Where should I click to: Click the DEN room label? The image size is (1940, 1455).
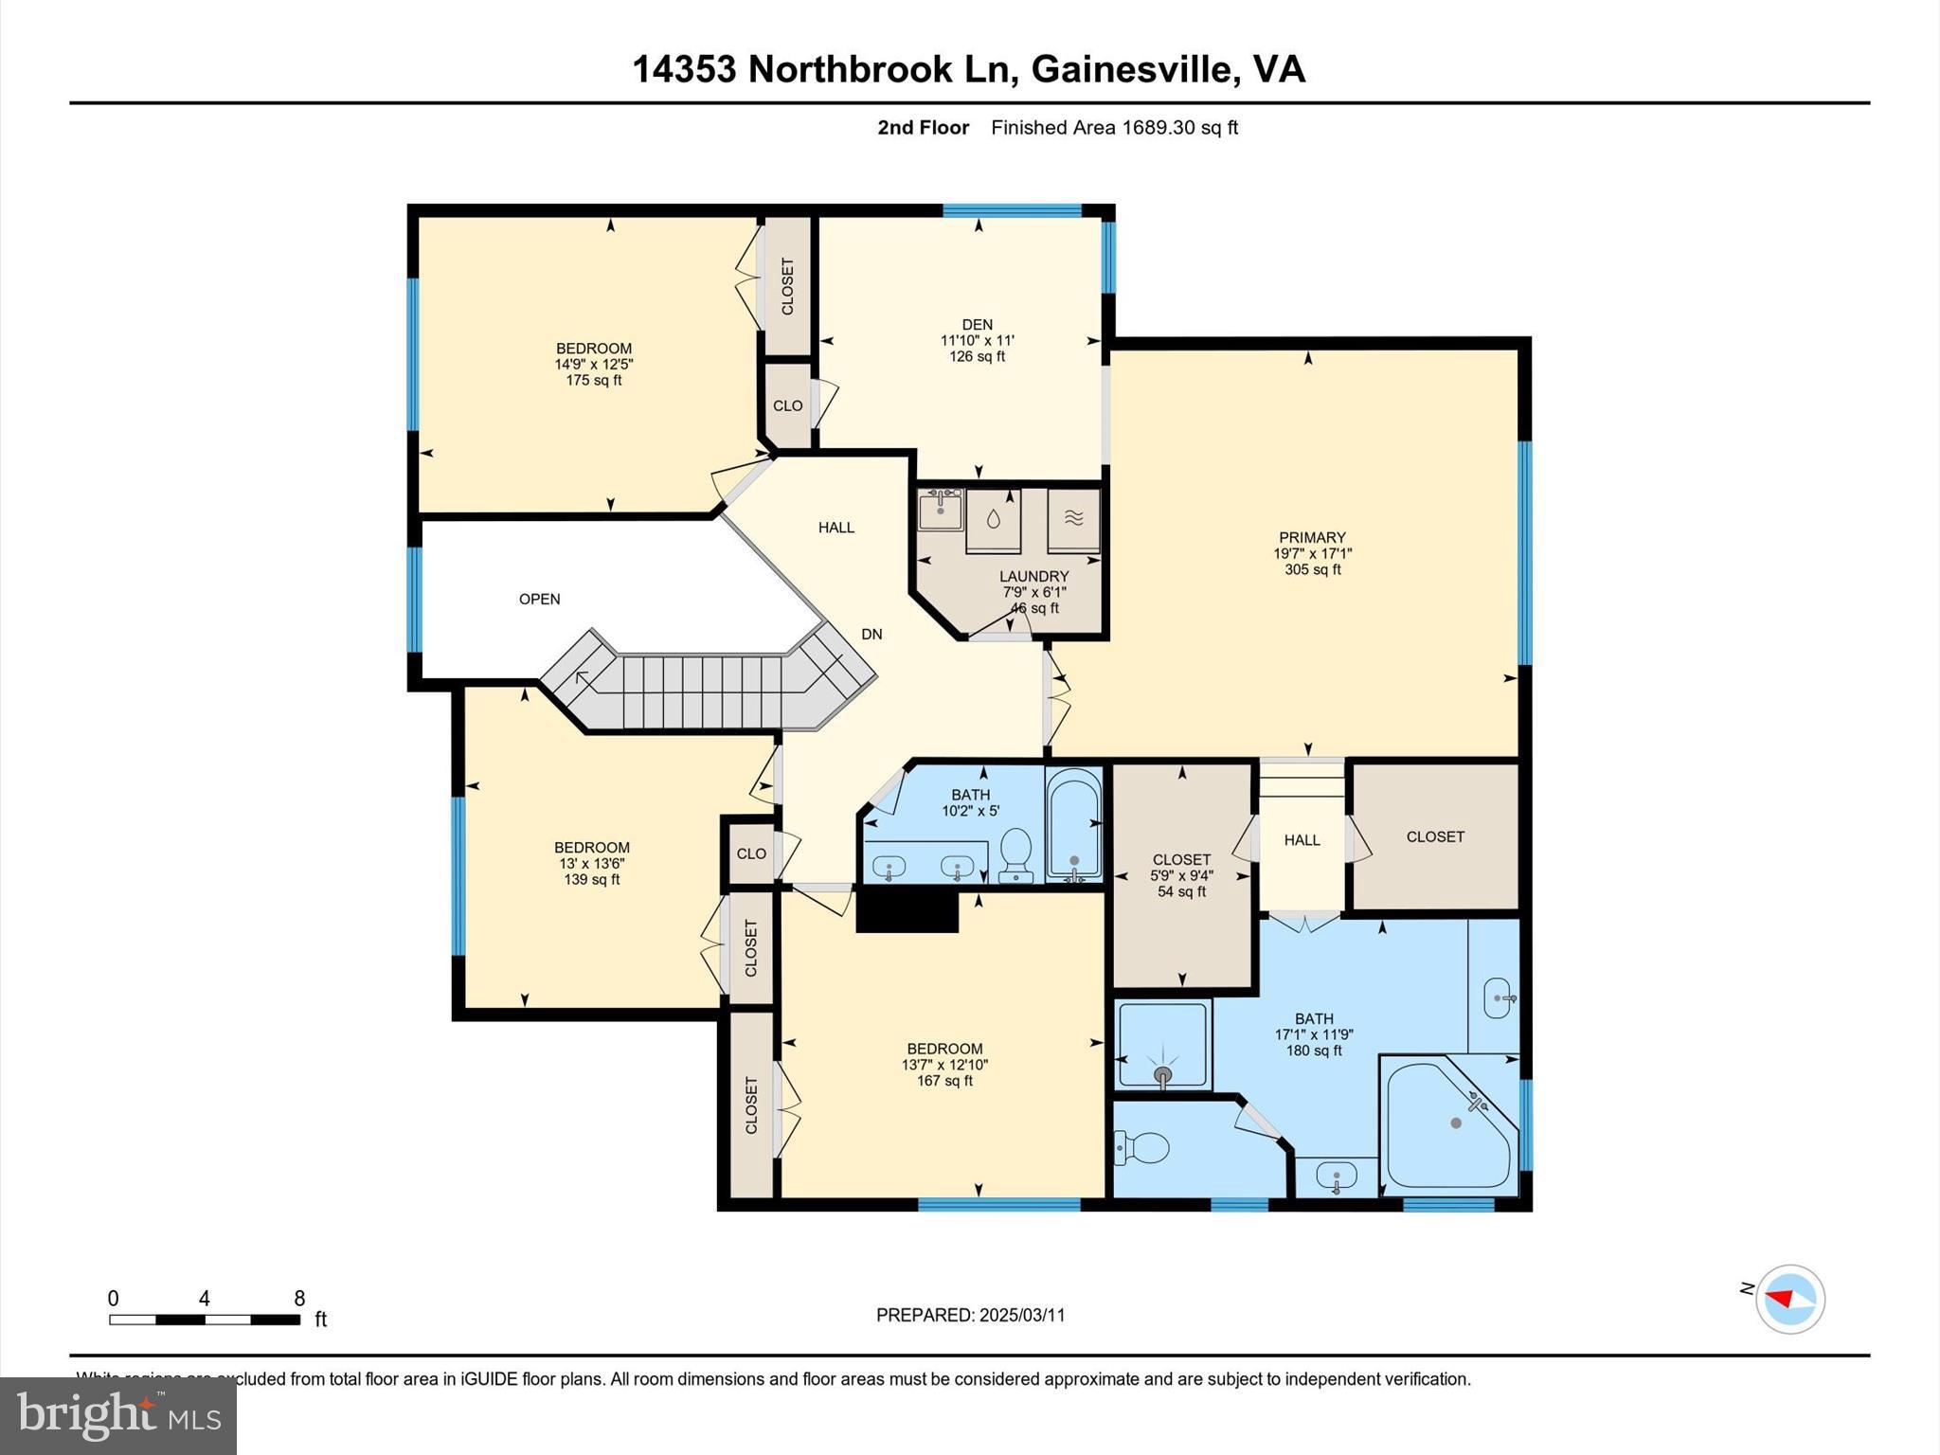point(977,325)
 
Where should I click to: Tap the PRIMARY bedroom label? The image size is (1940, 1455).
point(1312,537)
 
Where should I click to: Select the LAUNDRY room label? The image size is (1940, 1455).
point(1033,576)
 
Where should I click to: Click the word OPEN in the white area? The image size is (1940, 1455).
point(539,599)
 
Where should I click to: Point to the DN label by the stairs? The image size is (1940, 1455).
point(871,634)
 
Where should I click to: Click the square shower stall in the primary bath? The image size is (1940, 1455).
point(1163,1046)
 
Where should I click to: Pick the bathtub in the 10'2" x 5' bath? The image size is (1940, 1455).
point(1074,824)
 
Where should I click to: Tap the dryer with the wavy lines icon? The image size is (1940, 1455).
point(1073,518)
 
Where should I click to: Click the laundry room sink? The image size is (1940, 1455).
point(940,510)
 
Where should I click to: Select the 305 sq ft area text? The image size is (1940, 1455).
point(1312,569)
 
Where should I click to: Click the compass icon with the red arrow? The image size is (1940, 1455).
point(1789,1299)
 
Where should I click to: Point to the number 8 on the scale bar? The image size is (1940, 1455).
point(299,1298)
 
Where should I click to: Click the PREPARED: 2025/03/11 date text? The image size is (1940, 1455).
point(970,1315)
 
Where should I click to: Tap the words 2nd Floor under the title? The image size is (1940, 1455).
point(923,128)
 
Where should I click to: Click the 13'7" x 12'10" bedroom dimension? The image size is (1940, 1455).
point(944,1065)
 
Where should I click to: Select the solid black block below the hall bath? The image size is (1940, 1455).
point(907,911)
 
